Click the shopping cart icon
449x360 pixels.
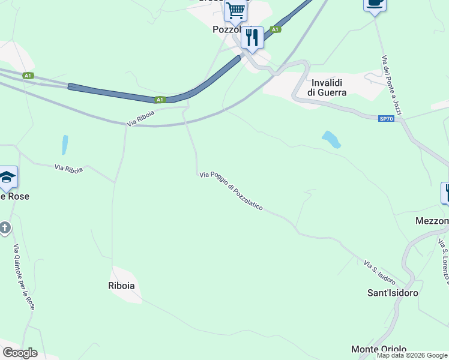click(x=236, y=10)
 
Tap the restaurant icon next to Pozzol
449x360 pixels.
click(x=252, y=38)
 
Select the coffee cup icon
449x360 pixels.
click(x=375, y=4)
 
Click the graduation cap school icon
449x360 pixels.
click(x=7, y=177)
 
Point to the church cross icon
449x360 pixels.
click(x=5, y=228)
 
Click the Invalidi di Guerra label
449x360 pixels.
click(x=327, y=88)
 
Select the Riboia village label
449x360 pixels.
click(x=121, y=286)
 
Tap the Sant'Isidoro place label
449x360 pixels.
click(x=393, y=293)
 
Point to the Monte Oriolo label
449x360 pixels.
click(x=379, y=349)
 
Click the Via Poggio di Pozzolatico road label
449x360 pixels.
click(x=231, y=191)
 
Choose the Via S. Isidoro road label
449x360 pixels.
click(x=379, y=272)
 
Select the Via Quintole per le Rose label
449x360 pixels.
click(x=25, y=277)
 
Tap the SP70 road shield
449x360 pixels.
click(x=387, y=119)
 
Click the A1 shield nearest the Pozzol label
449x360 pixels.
click(x=275, y=29)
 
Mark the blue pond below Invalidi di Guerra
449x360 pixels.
click(x=331, y=139)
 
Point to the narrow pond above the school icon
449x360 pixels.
click(x=64, y=145)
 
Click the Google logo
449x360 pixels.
click(x=20, y=353)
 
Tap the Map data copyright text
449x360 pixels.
click(x=412, y=355)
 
